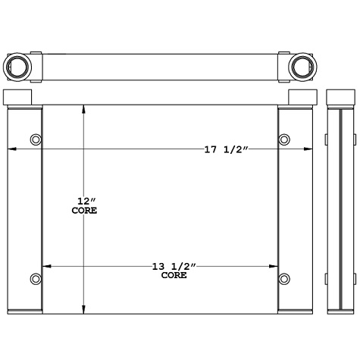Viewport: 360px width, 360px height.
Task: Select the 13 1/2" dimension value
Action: coord(174,266)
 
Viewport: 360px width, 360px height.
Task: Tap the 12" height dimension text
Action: coord(84,201)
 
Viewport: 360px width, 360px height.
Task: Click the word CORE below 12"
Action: coord(84,211)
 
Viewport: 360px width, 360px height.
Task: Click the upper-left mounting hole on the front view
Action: coord(35,139)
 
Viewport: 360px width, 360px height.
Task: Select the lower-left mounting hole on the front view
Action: coord(35,278)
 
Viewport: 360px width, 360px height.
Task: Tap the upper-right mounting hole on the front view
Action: coord(285,139)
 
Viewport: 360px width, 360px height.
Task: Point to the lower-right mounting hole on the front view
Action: coord(285,278)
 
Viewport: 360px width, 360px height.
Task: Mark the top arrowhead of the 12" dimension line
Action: coord(84,108)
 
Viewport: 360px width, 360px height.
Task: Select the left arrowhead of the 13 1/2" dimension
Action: coord(46,266)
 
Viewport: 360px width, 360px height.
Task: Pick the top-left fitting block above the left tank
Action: coord(18,98)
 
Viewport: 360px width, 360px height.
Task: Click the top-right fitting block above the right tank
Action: coord(302,98)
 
